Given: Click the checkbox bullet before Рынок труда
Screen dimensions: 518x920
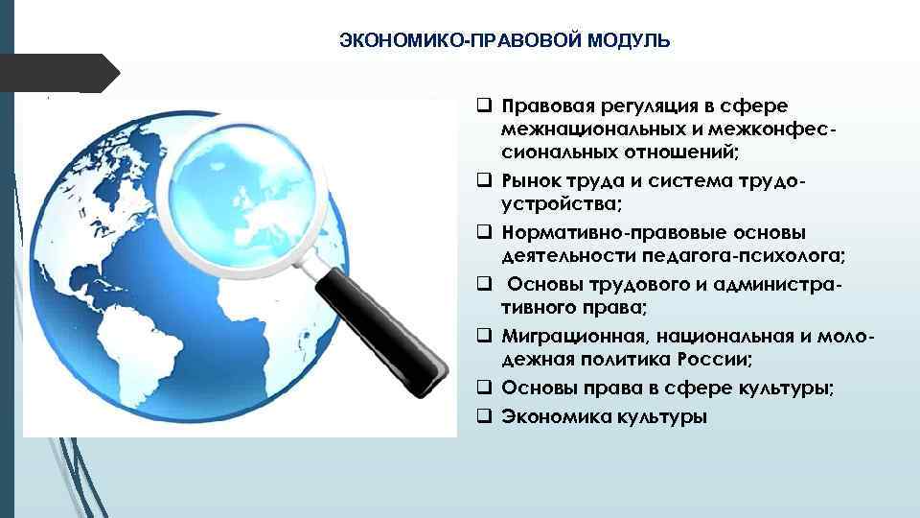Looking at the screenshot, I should coord(484,178).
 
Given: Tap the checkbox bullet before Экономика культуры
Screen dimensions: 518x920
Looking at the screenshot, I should coord(484,416).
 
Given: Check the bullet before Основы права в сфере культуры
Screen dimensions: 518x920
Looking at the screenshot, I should coord(484,388).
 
